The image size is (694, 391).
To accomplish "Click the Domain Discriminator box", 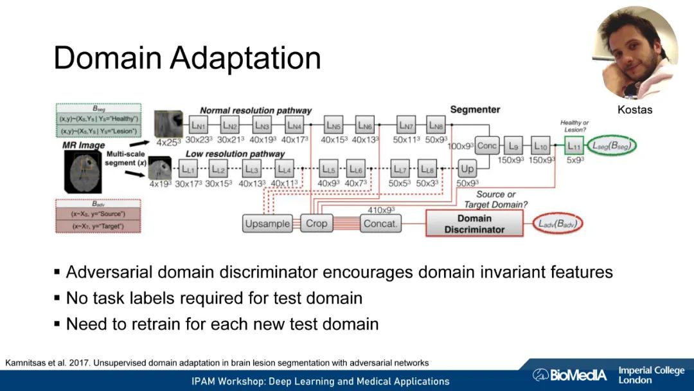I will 474,224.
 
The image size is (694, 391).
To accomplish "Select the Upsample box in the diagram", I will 267,224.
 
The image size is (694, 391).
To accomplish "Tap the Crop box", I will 316,224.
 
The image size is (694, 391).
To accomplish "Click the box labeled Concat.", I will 381,224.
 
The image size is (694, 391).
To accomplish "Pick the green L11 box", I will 574,146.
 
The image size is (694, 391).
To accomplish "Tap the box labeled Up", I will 468,169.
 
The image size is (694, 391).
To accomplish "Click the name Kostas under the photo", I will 635,110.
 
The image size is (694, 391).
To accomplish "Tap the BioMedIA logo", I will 569,375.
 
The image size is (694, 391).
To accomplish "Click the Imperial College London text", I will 650,375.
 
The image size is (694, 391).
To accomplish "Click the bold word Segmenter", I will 475,110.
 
